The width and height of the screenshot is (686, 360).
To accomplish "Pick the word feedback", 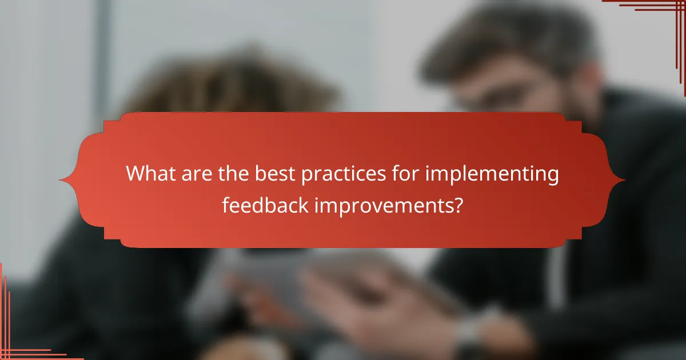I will tap(264, 205).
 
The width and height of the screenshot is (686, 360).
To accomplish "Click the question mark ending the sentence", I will tap(457, 205).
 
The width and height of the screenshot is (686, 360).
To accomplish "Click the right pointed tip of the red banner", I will tap(625, 180).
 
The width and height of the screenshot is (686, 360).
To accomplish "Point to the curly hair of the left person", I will tap(229, 80).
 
